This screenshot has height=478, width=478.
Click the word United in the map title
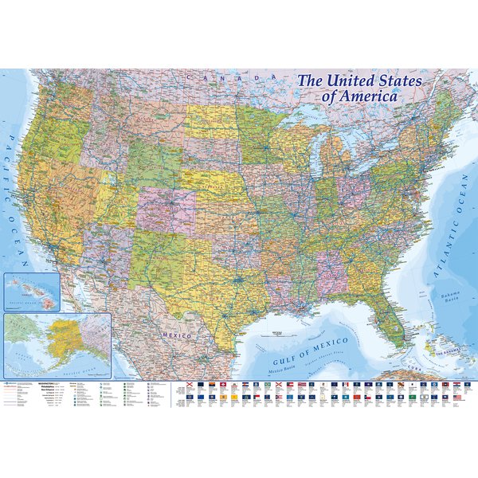pos(358,81)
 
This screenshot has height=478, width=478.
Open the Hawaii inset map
pos(32,290)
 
